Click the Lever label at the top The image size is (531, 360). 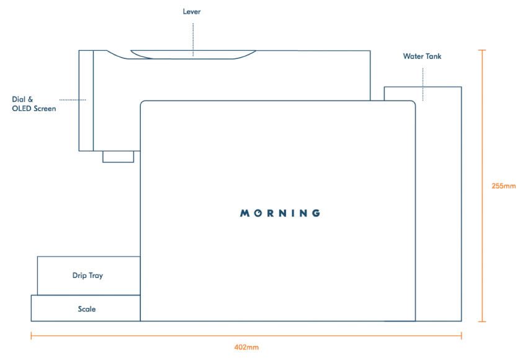click(192, 11)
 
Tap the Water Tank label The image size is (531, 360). click(422, 56)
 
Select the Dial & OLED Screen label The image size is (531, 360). click(33, 103)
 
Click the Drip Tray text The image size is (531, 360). click(87, 275)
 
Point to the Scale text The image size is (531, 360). click(87, 308)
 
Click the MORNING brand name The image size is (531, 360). click(280, 213)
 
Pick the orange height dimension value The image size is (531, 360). click(503, 186)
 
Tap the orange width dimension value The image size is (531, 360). click(246, 348)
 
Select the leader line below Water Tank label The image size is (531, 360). click(423, 84)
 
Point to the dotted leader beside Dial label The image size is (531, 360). click(72, 99)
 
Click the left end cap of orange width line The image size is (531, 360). click(31, 335)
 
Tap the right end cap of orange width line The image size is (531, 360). click(462, 335)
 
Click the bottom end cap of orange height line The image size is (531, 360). click(482, 322)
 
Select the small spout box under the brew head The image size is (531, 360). click(118, 156)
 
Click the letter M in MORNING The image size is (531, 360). click(244, 213)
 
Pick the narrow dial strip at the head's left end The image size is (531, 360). click(85, 101)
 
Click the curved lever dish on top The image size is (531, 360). click(192, 55)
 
